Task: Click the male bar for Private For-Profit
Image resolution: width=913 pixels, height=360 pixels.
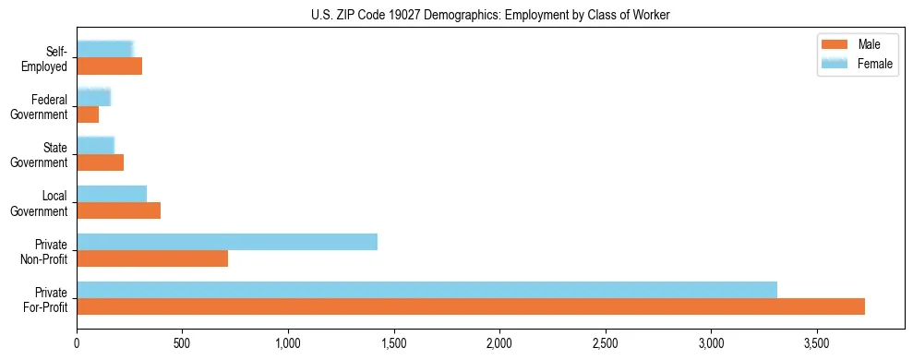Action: (471, 306)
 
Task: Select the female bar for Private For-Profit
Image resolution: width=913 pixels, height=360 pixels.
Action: (426, 290)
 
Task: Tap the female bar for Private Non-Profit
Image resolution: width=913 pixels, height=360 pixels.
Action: (227, 242)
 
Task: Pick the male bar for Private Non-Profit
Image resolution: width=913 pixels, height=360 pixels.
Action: (152, 258)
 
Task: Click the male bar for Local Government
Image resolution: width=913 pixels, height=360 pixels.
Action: (119, 210)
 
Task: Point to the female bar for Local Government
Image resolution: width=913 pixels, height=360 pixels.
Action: (112, 194)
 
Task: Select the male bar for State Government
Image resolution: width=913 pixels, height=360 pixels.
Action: (101, 162)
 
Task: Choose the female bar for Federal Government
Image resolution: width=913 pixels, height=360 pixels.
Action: (94, 98)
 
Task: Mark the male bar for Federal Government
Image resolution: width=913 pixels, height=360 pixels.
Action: (88, 114)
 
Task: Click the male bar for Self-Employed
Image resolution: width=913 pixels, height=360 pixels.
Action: (110, 66)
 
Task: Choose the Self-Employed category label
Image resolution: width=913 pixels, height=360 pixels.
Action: (45, 58)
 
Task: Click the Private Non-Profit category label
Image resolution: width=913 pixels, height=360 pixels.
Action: (45, 250)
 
